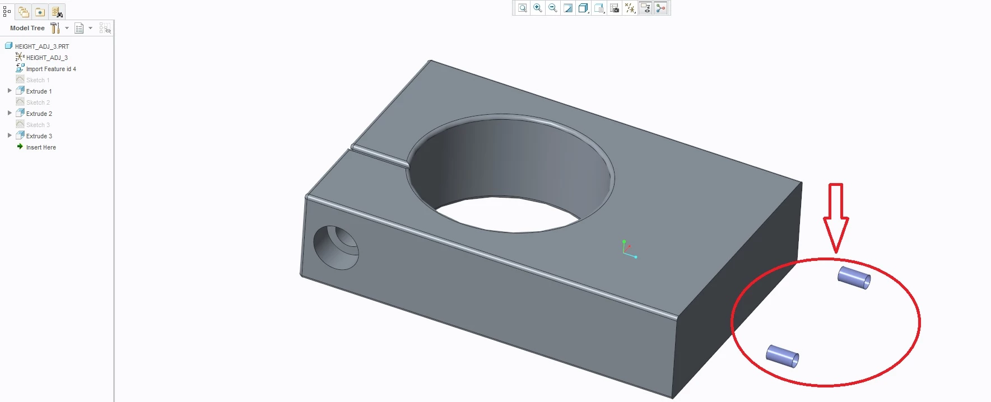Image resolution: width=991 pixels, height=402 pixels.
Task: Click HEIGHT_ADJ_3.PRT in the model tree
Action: tap(42, 46)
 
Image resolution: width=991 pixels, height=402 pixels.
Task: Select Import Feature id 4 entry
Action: tap(51, 69)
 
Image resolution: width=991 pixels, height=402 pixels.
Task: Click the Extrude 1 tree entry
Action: tap(39, 91)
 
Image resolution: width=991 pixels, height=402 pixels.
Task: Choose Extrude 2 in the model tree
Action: tap(39, 114)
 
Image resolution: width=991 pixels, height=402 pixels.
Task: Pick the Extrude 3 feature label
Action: tap(39, 136)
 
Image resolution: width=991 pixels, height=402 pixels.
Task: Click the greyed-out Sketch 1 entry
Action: tap(38, 80)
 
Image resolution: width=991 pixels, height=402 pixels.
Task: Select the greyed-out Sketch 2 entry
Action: tap(38, 102)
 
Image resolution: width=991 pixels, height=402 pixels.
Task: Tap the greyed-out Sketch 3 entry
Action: tap(38, 125)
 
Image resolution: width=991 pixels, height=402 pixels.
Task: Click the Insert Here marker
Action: tap(41, 147)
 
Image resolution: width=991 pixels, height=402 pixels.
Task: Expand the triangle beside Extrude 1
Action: tap(10, 91)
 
